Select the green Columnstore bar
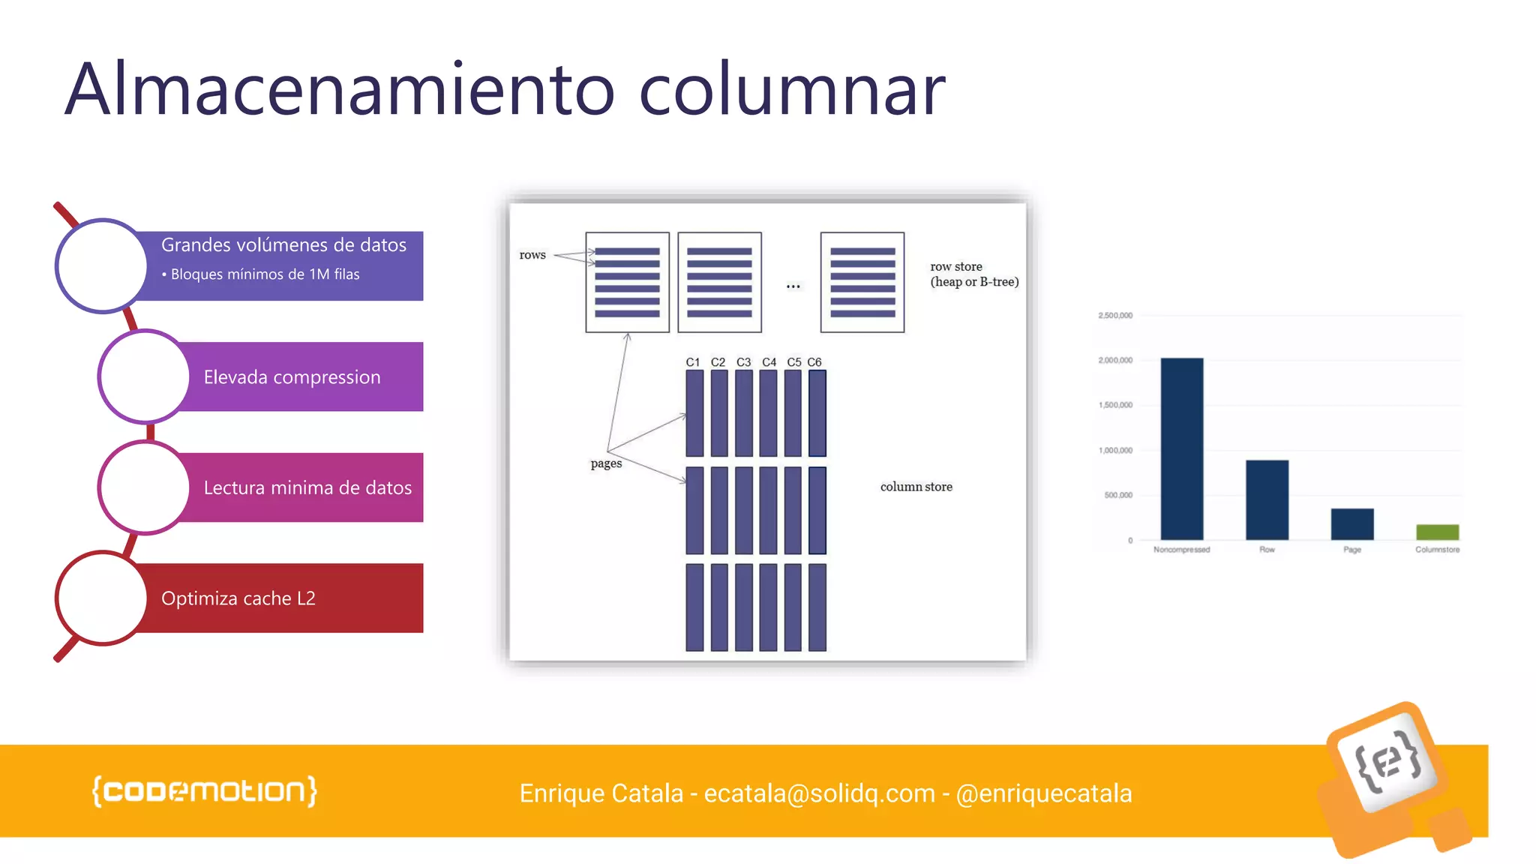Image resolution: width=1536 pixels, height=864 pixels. point(1437,532)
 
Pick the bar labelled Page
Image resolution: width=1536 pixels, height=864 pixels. point(1351,524)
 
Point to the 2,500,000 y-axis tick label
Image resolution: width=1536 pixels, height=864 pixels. point(1114,316)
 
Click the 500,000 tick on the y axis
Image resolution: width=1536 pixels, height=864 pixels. point(1117,495)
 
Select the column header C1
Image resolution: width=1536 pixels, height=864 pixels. point(692,362)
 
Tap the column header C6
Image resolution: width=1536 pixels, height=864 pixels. point(814,362)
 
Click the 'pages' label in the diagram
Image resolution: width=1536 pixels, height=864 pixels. point(606,463)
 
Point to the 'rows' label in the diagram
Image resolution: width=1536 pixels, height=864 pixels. point(532,255)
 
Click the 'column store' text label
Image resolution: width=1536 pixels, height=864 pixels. point(916,487)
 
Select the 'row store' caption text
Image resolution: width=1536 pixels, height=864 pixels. point(956,266)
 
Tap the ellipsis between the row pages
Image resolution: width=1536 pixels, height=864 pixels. point(793,286)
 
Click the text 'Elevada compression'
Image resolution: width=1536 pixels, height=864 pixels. point(292,376)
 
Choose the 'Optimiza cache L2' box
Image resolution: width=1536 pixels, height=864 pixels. point(238,598)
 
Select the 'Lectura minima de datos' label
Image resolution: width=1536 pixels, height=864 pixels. point(307,487)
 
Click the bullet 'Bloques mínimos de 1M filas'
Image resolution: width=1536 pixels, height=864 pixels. point(264,274)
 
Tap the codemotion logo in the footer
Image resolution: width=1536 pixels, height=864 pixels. point(204,791)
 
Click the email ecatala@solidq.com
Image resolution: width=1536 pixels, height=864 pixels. point(820,793)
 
